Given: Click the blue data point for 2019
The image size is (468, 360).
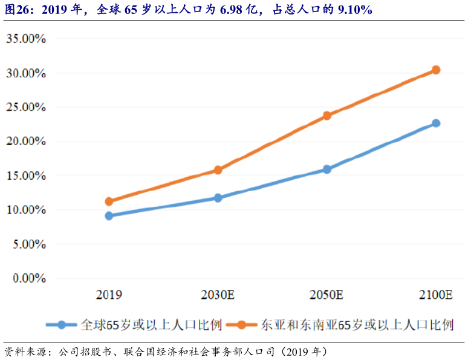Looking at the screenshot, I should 109,215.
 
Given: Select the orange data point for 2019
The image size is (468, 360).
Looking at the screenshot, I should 109,201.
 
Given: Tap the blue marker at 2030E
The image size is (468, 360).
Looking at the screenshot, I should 218,198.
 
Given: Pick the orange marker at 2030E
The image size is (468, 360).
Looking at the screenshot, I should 218,170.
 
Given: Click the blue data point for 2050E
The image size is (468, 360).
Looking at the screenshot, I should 327,169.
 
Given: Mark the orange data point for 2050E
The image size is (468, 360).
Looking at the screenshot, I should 327,115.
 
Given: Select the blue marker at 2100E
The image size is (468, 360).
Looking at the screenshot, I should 436,123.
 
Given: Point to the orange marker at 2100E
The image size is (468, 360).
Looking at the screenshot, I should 436,70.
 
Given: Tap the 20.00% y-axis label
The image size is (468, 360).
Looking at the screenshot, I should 26,142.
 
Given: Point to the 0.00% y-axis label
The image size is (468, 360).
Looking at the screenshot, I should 29,278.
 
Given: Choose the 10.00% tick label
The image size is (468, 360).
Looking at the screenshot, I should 26,210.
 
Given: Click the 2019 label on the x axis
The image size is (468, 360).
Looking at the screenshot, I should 109,295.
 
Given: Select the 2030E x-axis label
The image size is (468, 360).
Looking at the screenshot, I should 218,295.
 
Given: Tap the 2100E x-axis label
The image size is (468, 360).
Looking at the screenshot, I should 436,295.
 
